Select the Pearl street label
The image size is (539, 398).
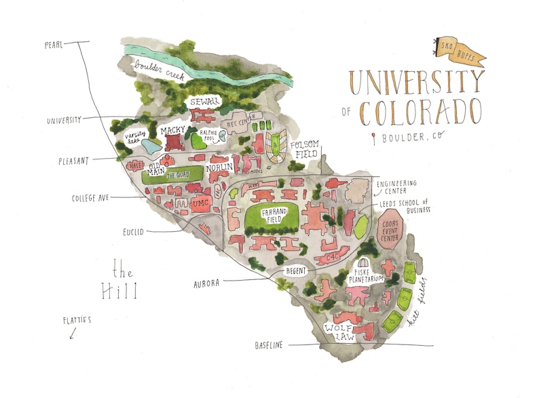click(54, 45)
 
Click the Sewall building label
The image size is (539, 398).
click(204, 102)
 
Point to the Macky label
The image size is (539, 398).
click(172, 130)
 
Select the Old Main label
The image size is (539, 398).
click(155, 167)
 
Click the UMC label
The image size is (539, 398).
click(200, 203)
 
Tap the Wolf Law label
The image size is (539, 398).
click(339, 332)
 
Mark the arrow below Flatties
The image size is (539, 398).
click(72, 334)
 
